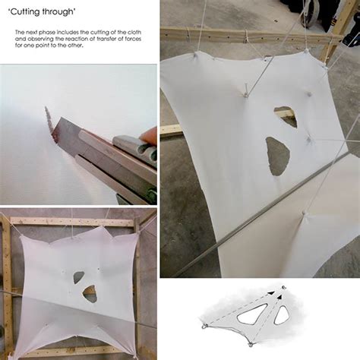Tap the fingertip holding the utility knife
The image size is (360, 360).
click(x=150, y=134)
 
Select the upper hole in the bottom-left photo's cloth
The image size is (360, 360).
click(x=79, y=277)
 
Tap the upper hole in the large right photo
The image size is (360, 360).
click(x=286, y=115)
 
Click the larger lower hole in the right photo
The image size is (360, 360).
click(x=277, y=155)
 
